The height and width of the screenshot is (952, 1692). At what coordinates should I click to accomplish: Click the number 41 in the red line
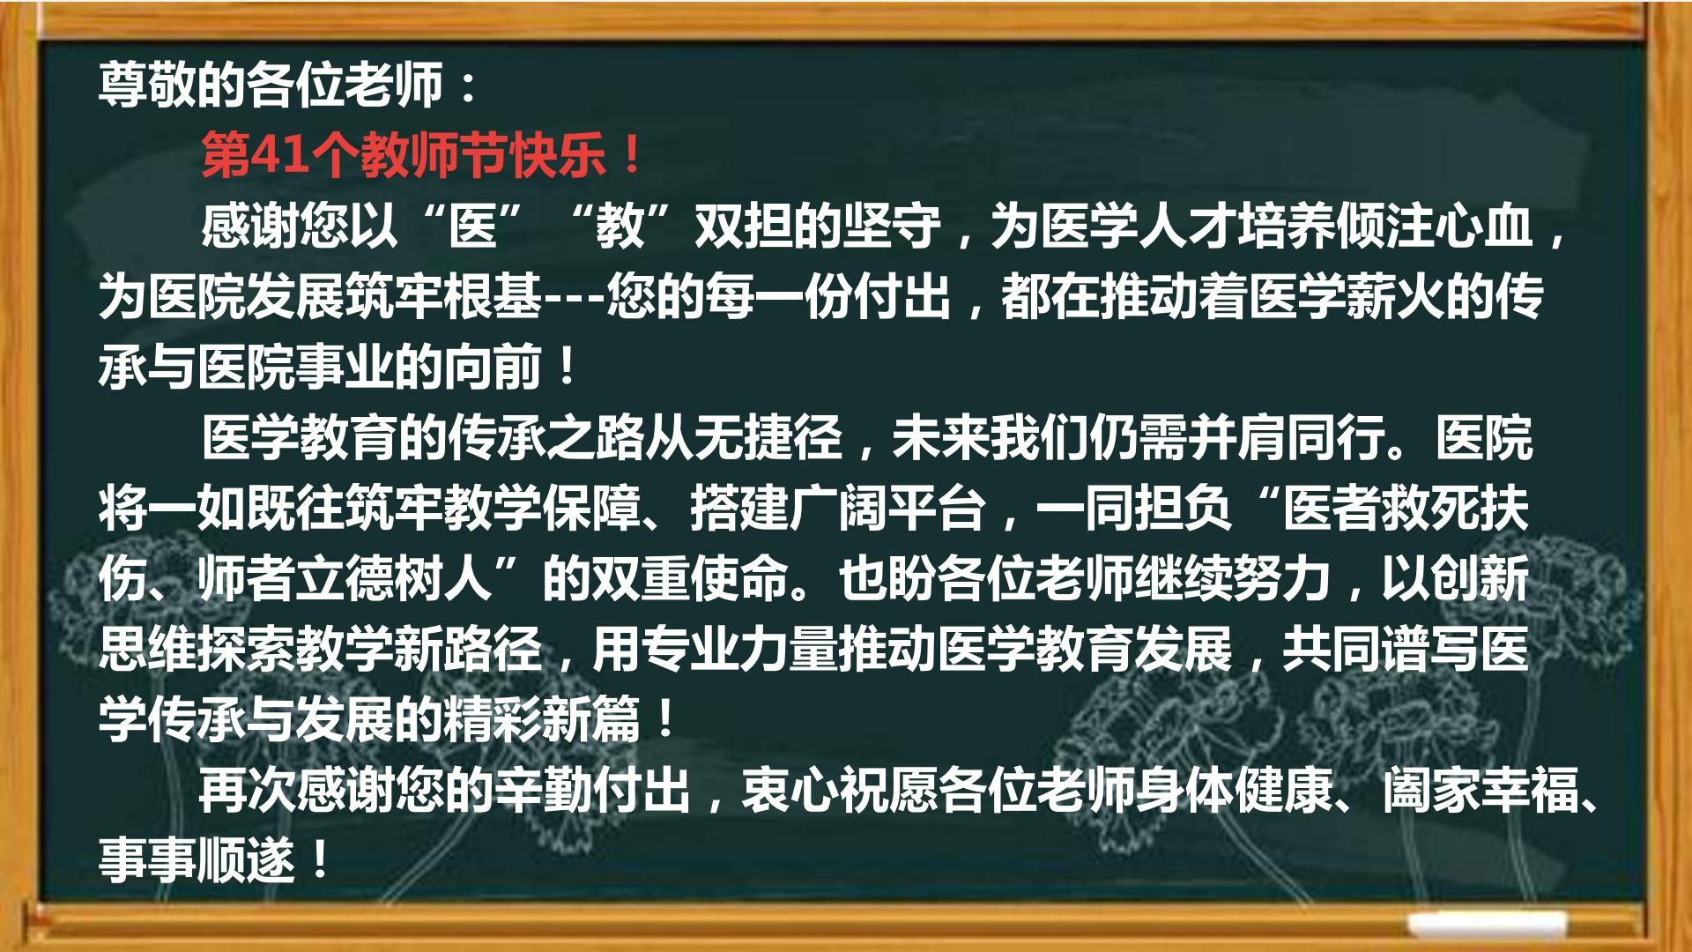(280, 155)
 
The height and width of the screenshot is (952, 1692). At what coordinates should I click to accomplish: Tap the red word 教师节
(434, 155)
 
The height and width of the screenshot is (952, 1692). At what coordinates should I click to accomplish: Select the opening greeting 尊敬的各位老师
(271, 85)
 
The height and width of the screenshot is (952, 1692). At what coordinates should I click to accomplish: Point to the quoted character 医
(473, 226)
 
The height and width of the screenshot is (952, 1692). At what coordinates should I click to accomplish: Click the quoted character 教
(621, 226)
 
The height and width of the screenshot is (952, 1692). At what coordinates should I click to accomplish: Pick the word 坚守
(893, 226)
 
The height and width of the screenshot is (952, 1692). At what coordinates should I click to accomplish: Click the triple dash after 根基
(574, 298)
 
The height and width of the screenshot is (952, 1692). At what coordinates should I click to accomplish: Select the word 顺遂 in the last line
(247, 860)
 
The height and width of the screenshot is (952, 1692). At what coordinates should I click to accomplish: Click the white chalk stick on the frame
(1487, 924)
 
